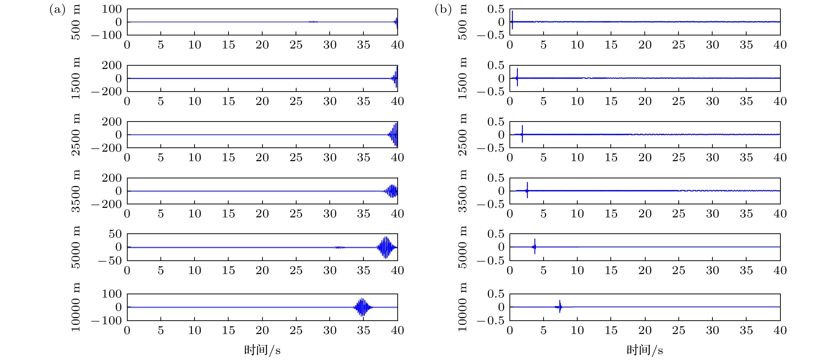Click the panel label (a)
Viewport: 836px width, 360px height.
click(57, 10)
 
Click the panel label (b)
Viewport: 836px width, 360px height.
click(443, 10)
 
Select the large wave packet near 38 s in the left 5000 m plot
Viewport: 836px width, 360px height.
click(386, 247)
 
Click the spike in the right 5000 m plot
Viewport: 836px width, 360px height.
click(534, 247)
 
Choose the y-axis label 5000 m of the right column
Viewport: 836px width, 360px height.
click(462, 247)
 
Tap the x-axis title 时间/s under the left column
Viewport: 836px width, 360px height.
click(262, 350)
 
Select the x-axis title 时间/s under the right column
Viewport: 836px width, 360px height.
click(645, 350)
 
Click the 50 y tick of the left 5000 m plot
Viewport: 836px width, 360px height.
click(115, 234)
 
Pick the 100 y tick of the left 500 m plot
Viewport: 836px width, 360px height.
click(112, 9)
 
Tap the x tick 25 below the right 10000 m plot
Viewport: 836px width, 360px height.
click(679, 331)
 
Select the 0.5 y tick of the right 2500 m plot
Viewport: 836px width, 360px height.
click(496, 122)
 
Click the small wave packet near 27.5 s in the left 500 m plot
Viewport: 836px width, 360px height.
click(313, 22)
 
